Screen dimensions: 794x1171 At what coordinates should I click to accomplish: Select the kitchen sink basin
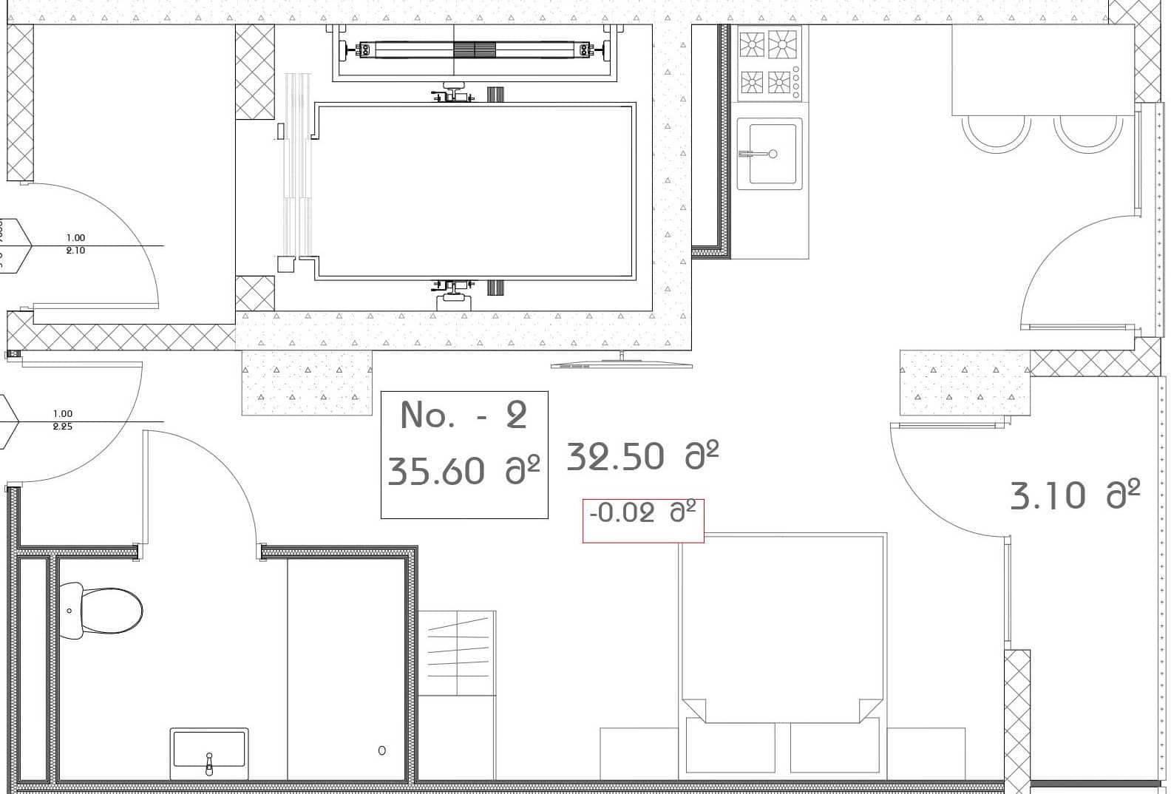[773, 152]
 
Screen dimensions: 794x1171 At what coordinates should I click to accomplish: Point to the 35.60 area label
[464, 471]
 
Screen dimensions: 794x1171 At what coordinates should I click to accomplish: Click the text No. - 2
[464, 415]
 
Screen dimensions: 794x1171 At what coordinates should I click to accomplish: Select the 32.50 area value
[642, 456]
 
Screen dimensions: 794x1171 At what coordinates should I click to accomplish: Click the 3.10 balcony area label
[1075, 495]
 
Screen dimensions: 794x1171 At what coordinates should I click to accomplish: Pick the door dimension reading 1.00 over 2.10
[75, 244]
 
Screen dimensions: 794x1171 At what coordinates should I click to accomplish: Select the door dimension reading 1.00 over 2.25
[63, 420]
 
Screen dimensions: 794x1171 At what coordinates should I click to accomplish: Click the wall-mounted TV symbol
[621, 363]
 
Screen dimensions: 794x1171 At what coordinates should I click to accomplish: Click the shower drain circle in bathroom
[381, 750]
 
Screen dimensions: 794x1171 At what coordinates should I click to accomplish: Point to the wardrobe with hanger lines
[457, 653]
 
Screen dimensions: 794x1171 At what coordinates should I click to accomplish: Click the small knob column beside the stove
[796, 83]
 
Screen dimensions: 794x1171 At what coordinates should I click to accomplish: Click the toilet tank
[71, 611]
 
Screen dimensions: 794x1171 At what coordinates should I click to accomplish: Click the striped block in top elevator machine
[474, 50]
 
